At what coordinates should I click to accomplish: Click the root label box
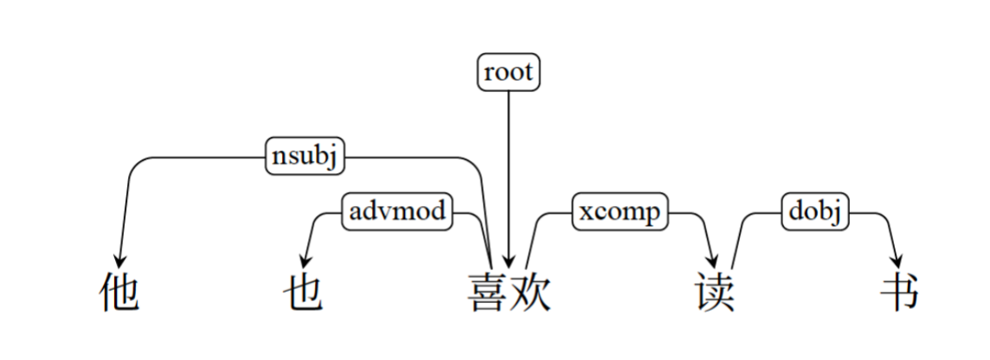[x=508, y=72]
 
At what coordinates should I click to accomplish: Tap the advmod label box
[x=398, y=210]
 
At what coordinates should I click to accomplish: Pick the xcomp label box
[x=620, y=211]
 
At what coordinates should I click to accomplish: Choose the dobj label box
[x=815, y=211]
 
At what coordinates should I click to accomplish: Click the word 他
[x=118, y=293]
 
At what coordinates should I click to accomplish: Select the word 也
[x=303, y=293]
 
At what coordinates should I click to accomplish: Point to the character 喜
[x=490, y=292]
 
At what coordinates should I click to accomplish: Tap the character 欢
[x=530, y=292]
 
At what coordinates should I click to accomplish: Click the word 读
[x=715, y=293]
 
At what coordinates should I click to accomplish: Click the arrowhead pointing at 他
[x=120, y=260]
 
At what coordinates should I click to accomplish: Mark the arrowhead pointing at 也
[x=304, y=260]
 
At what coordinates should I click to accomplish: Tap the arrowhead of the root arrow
[x=508, y=261]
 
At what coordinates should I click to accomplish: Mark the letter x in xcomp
[x=587, y=212]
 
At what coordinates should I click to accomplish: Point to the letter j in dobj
[x=836, y=213]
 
